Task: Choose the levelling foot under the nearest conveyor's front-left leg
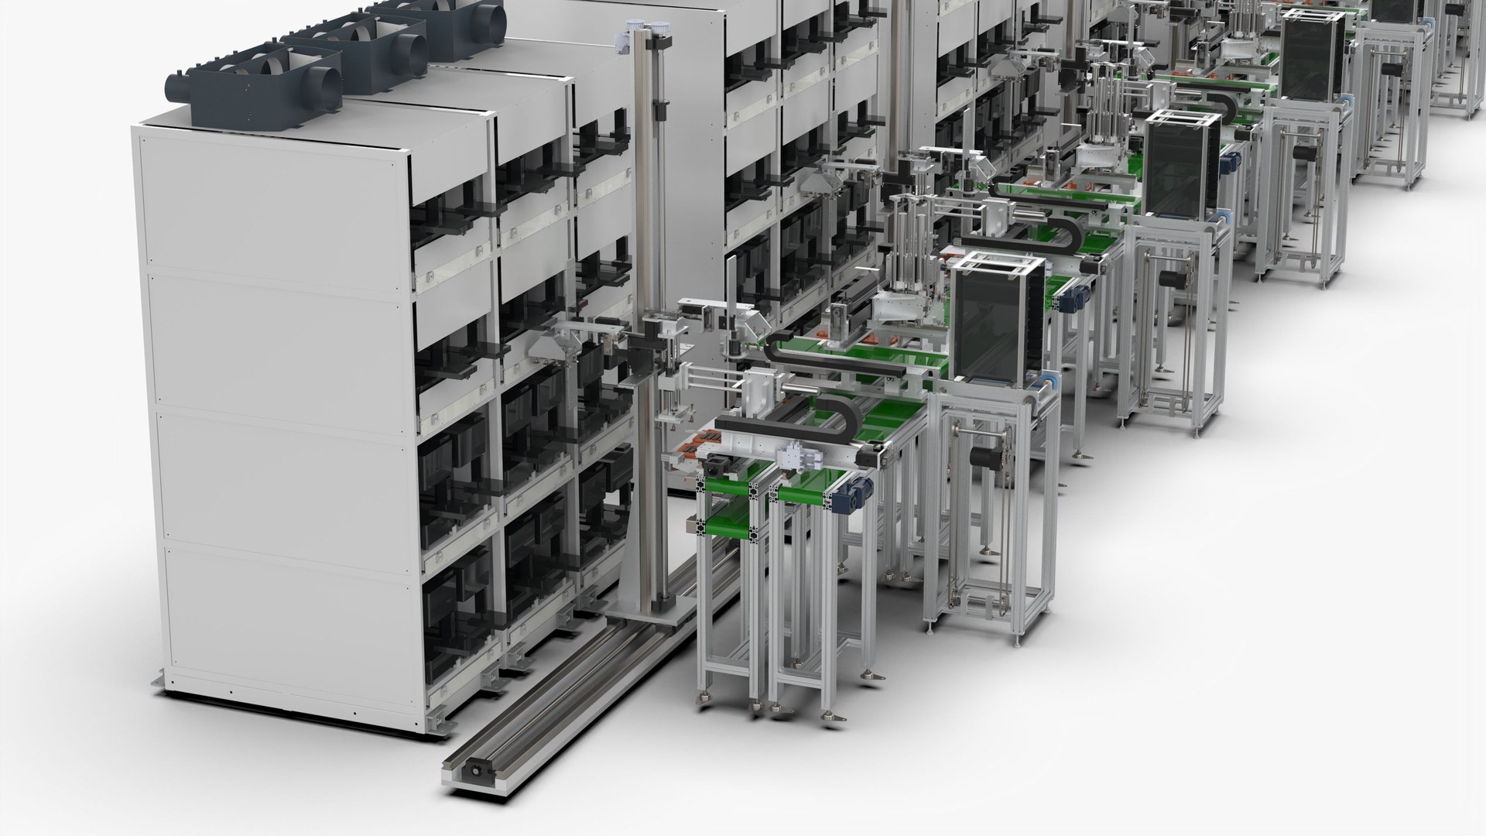click(x=706, y=700)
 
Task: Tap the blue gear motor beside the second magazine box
click(x=1225, y=165)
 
